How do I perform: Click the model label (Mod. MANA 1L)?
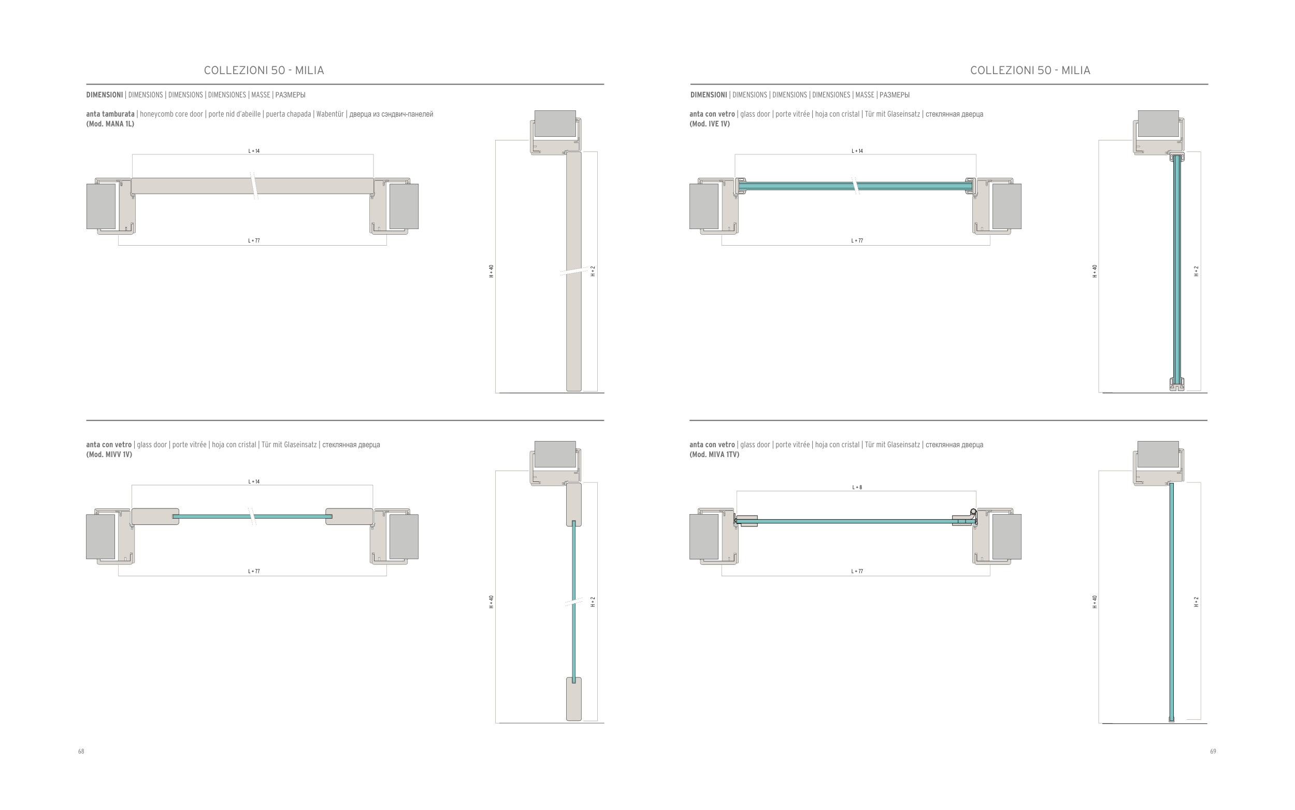pos(110,124)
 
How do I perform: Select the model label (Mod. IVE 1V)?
pos(709,124)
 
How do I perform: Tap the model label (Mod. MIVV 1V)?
pos(109,454)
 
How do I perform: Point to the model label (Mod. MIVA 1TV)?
pos(714,454)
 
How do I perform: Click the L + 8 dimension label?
pos(857,488)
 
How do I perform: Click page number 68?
pos(81,751)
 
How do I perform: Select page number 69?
pos(1213,751)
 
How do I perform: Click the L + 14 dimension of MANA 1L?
pos(254,151)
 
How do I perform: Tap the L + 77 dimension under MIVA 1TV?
pos(857,571)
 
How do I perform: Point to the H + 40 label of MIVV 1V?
pos(492,602)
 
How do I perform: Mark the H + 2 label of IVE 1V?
pos(1197,271)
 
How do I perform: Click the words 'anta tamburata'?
pos(110,114)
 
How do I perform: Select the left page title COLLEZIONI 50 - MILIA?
pos(264,70)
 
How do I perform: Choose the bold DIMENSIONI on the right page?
pos(708,95)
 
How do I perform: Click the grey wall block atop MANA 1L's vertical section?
pos(555,123)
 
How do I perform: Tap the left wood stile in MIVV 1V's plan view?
pos(155,517)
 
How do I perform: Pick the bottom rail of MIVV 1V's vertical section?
pos(574,699)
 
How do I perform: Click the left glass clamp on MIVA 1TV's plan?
pos(747,521)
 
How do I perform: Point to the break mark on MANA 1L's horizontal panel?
pos(254,186)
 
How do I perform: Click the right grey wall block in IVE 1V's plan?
pos(1006,206)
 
